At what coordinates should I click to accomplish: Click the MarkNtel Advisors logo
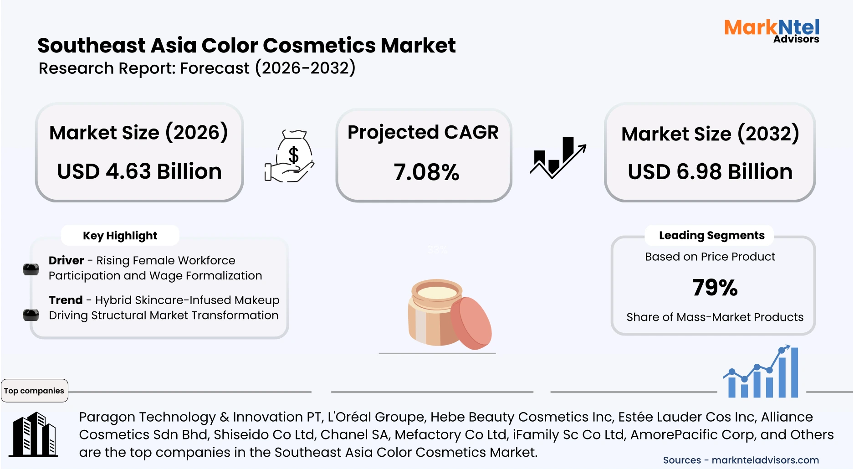click(772, 31)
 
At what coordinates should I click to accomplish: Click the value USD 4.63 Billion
click(139, 171)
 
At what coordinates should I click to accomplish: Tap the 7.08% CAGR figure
click(426, 172)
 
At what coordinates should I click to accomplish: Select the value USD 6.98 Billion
click(710, 172)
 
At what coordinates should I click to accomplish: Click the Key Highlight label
click(120, 236)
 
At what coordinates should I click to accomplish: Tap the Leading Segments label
click(711, 235)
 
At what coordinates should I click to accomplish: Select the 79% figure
click(715, 288)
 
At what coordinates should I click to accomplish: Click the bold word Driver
click(66, 260)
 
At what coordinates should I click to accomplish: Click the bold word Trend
click(66, 300)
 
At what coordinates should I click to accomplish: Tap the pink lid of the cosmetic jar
click(472, 323)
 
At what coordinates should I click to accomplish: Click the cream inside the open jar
click(437, 292)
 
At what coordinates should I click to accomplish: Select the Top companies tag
click(34, 391)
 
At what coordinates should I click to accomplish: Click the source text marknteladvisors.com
click(765, 460)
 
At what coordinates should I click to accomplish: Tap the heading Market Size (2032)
click(710, 134)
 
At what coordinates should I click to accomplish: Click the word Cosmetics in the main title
click(319, 46)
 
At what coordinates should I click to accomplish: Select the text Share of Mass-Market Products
click(715, 317)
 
